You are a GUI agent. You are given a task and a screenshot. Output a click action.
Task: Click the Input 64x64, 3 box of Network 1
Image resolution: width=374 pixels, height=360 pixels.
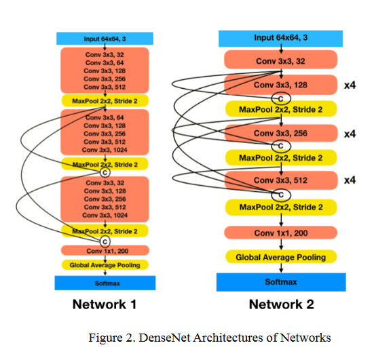[x=105, y=39]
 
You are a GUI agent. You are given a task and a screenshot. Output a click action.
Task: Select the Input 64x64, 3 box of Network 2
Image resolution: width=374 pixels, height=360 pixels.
[x=281, y=39]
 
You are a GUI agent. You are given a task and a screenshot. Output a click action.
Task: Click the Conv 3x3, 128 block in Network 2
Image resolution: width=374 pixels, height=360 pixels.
[x=281, y=85]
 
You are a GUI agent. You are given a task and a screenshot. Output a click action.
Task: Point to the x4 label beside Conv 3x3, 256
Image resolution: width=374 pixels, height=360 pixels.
[x=350, y=134]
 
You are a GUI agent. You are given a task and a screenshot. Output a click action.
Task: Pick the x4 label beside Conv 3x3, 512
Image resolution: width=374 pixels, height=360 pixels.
[x=350, y=180]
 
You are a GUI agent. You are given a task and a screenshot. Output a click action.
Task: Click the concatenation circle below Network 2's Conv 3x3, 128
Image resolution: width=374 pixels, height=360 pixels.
[x=281, y=98]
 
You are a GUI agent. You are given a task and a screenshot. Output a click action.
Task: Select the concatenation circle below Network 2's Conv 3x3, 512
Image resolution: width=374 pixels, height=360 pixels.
[x=281, y=195]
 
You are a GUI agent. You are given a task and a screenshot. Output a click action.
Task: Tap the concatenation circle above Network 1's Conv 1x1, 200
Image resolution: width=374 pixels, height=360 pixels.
[x=105, y=241]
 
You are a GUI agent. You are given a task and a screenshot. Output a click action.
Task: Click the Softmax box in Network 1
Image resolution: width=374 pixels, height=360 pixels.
[x=105, y=283]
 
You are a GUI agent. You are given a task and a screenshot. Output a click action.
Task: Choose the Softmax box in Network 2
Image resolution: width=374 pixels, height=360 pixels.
[x=281, y=282]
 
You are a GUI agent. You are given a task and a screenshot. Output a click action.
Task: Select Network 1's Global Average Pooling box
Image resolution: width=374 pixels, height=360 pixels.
[x=105, y=265]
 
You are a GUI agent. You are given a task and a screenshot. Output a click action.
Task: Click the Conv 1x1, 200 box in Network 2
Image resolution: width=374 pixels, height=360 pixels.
[x=281, y=233]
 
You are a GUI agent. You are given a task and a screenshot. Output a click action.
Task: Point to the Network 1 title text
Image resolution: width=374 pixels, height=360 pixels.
[x=105, y=304]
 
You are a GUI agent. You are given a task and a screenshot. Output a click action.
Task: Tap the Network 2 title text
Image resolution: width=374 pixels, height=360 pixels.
[x=282, y=304]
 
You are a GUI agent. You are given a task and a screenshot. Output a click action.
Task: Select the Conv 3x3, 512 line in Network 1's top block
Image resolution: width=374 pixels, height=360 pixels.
[x=105, y=87]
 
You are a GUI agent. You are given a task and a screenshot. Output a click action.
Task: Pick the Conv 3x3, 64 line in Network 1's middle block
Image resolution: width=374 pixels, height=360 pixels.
[x=105, y=117]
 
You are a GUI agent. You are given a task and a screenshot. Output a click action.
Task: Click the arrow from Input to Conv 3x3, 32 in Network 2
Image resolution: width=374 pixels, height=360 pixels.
[x=281, y=49]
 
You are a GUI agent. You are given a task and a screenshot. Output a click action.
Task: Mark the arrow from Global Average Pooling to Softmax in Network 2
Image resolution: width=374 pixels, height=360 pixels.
[x=281, y=268]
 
